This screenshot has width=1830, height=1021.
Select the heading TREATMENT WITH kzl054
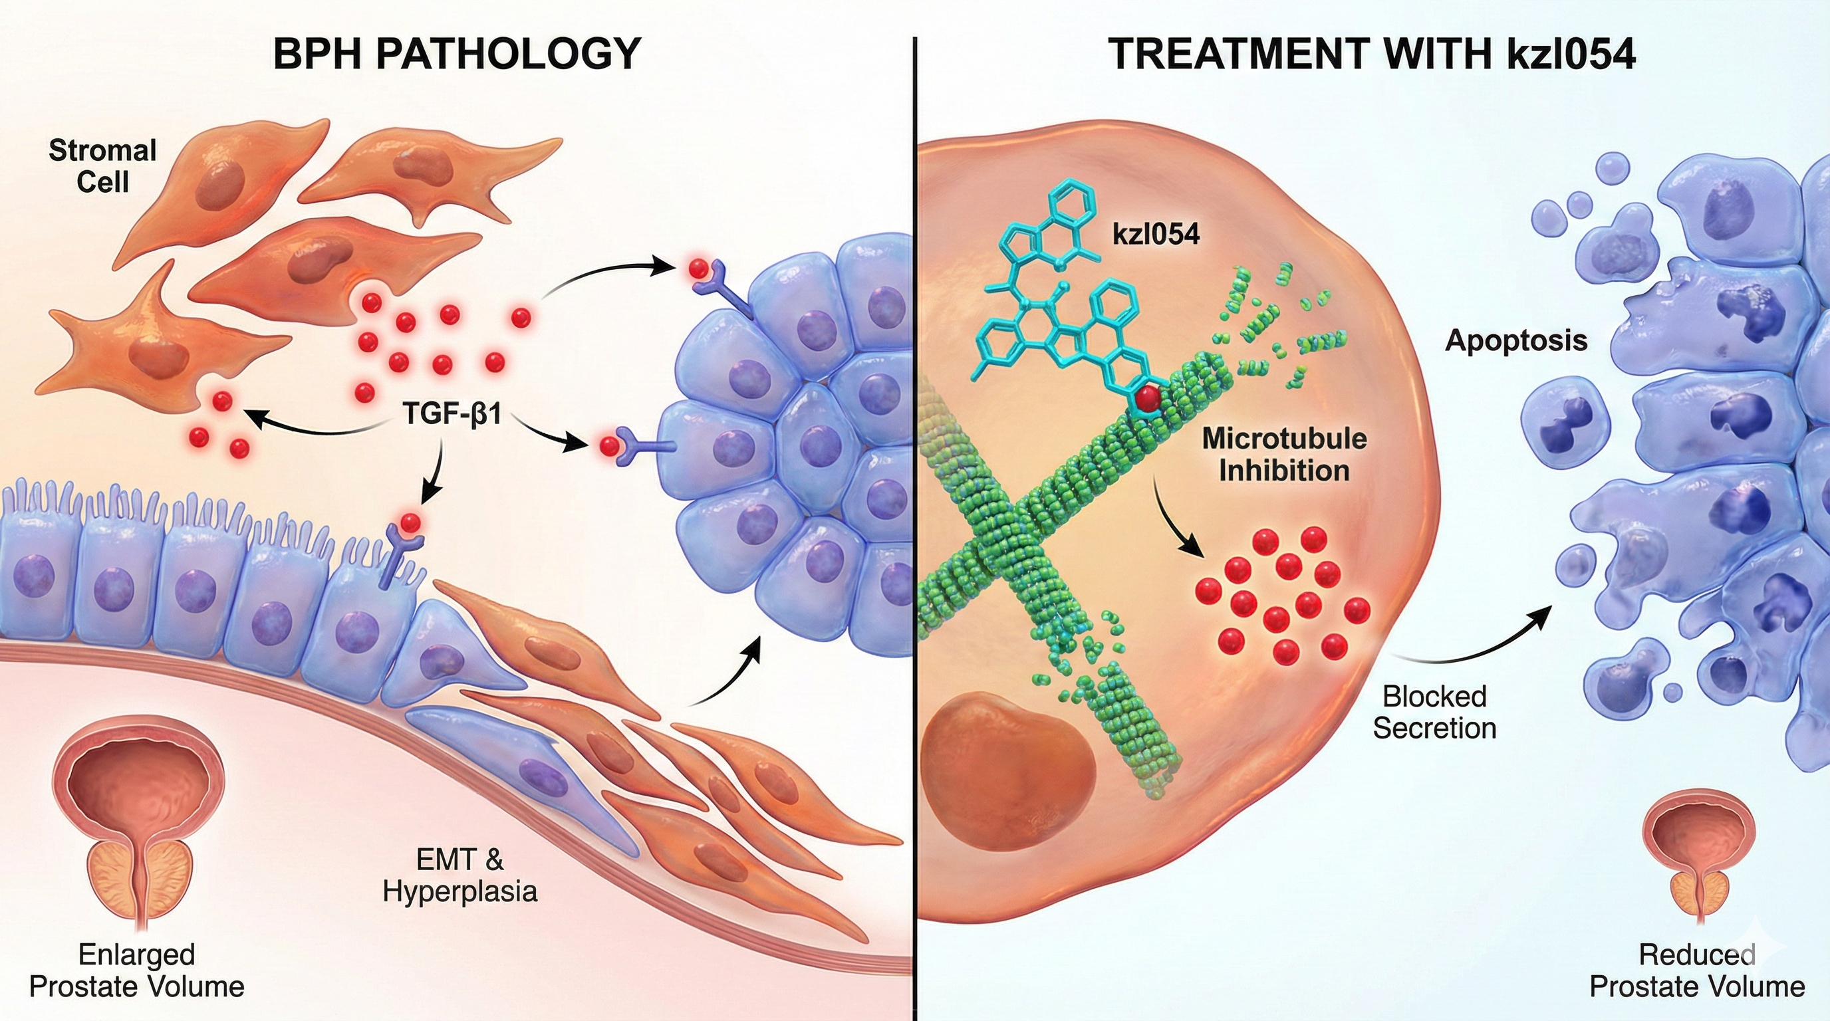tap(1372, 53)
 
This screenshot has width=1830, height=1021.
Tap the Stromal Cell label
tap(102, 166)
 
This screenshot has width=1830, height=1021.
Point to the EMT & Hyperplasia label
tap(459, 875)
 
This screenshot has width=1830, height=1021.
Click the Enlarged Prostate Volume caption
tap(137, 970)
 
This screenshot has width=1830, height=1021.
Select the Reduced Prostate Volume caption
tap(1697, 970)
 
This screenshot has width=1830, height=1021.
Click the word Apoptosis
tap(1516, 341)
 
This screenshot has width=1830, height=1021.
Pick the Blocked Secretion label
tap(1434, 712)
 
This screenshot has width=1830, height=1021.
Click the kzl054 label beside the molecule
tap(1156, 233)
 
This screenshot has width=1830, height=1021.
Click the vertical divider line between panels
tap(915, 511)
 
